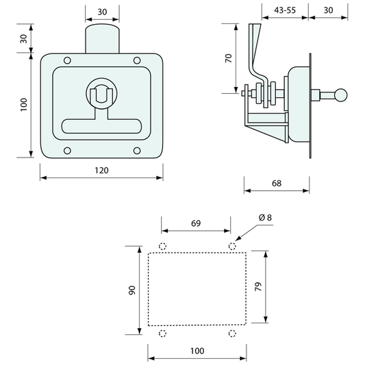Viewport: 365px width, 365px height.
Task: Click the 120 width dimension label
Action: (x=101, y=171)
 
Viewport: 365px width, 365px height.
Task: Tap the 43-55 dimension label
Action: (x=285, y=10)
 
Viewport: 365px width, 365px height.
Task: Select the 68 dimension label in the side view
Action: (x=277, y=184)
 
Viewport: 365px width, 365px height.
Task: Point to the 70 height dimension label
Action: (x=229, y=58)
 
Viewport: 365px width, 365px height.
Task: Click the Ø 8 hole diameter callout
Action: (x=265, y=217)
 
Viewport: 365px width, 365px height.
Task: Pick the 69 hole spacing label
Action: (x=196, y=223)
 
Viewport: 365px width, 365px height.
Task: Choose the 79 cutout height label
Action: (x=258, y=286)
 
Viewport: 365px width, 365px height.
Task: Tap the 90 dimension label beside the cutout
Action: (x=131, y=290)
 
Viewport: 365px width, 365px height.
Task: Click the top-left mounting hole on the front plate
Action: (x=67, y=60)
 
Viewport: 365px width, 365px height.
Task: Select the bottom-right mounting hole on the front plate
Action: (x=137, y=151)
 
